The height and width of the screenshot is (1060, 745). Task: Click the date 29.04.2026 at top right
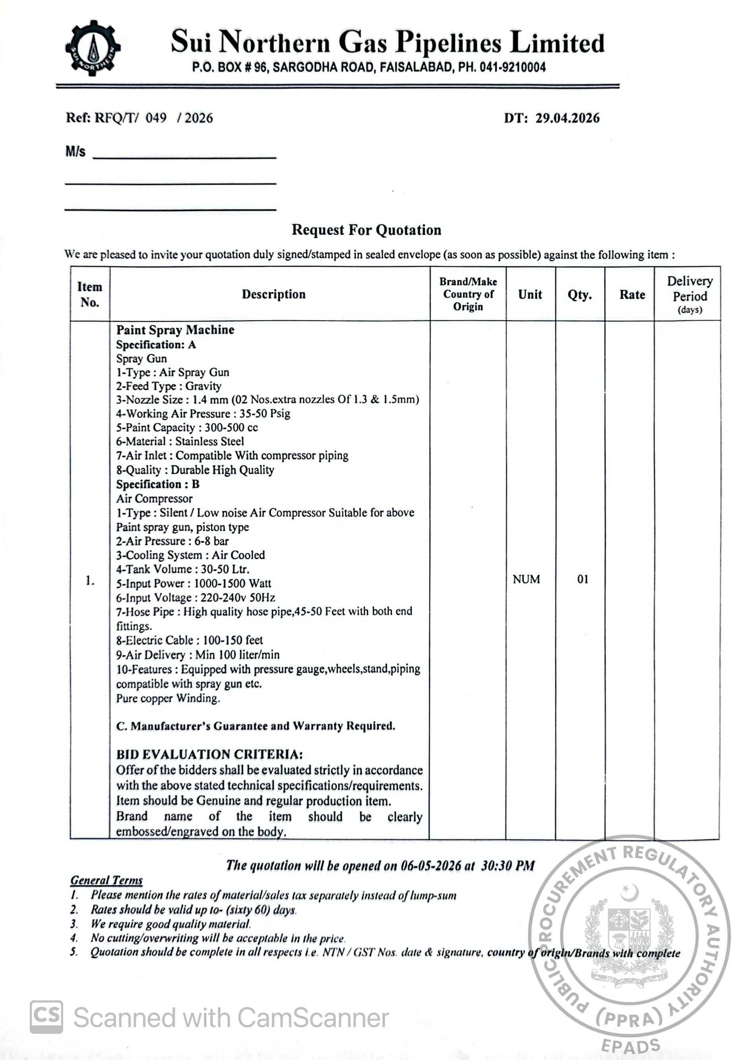567,118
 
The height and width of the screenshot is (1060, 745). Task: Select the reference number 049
156,118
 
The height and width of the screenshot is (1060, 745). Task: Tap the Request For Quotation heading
366,230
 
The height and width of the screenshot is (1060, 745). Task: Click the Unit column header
530,294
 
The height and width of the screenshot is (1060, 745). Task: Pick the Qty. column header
580,294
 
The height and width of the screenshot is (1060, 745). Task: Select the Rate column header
632,294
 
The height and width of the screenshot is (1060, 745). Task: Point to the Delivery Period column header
690,294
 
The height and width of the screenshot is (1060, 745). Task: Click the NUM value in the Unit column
526,579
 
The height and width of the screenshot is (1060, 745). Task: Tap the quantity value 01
583,579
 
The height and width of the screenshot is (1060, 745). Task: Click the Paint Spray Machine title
175,330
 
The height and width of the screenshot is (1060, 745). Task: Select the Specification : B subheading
157,484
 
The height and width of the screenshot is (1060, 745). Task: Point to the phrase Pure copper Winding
168,698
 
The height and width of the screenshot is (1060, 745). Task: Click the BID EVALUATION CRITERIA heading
210,754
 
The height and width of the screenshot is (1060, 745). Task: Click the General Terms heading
106,880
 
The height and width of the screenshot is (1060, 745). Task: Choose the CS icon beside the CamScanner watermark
46,1017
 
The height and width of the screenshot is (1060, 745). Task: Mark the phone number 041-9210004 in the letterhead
512,68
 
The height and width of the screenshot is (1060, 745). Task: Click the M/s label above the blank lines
75,151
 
